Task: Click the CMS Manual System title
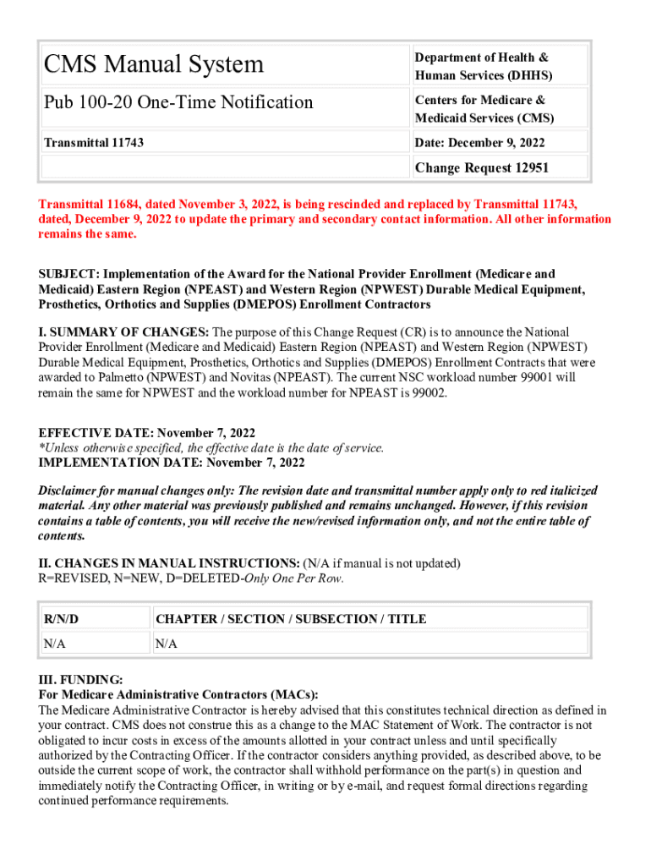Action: pyautogui.click(x=154, y=64)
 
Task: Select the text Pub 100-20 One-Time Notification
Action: pyautogui.click(x=178, y=102)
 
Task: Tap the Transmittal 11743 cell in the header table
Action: pyautogui.click(x=94, y=142)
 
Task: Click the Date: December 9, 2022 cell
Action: pyautogui.click(x=479, y=142)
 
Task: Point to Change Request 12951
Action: pyautogui.click(x=481, y=167)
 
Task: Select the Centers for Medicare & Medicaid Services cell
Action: pyautogui.click(x=484, y=109)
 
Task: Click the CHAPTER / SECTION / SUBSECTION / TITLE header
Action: pyautogui.click(x=291, y=619)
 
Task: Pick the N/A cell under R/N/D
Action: pyautogui.click(x=55, y=644)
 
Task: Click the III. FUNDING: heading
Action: pyautogui.click(x=80, y=679)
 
